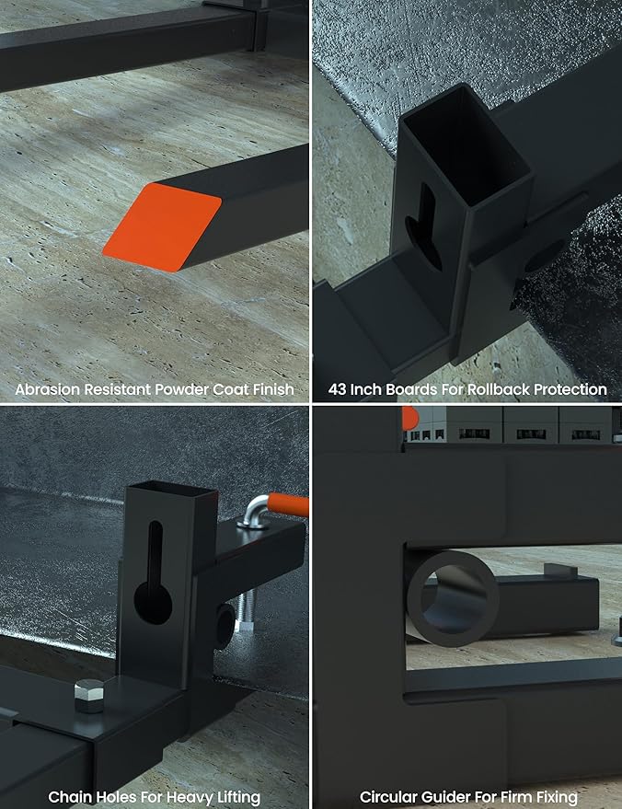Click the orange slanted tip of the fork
[x=163, y=227]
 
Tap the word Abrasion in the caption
[x=48, y=389]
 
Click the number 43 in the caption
[x=338, y=389]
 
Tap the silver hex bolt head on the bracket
[x=90, y=696]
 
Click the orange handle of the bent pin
[x=288, y=504]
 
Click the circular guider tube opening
[x=453, y=598]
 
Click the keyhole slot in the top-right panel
[x=424, y=227]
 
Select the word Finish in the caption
[x=273, y=389]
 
